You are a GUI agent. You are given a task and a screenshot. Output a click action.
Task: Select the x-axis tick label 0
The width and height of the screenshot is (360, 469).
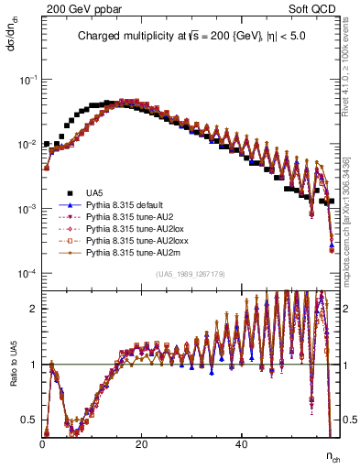pos(43,444)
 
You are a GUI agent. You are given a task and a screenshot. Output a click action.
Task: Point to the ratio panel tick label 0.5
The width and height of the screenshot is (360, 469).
pos(31,420)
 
